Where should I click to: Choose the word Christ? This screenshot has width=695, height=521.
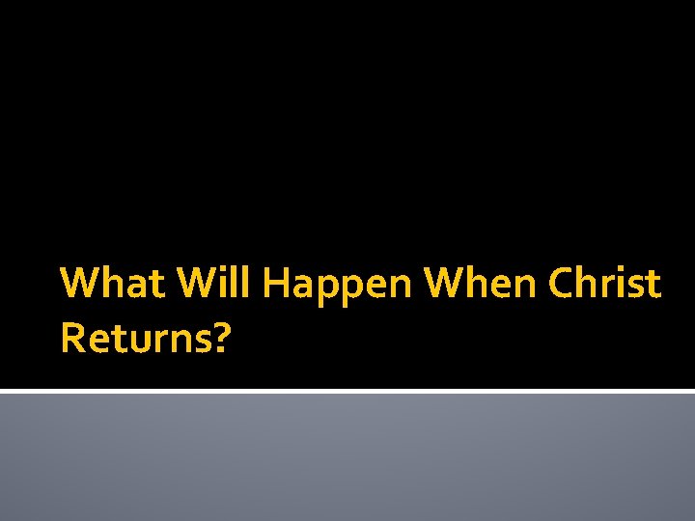[x=604, y=285]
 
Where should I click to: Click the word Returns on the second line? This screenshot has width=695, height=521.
[x=135, y=339]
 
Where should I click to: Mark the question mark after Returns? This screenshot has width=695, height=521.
[x=222, y=339]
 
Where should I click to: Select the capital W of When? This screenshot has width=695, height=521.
[x=444, y=285]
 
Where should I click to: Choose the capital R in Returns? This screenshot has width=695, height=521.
[x=71, y=339]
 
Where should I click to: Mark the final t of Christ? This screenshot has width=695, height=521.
[x=653, y=286]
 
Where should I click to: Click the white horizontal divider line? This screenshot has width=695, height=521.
[x=347, y=391]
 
